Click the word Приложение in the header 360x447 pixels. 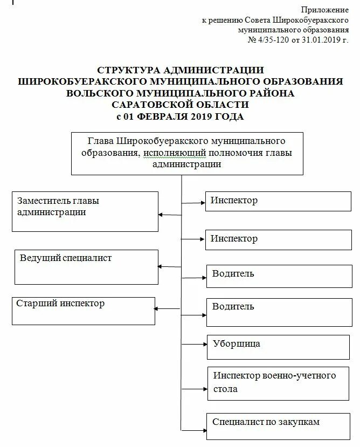tap(324, 10)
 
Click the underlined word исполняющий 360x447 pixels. tap(170, 153)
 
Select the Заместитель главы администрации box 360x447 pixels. tap(85, 211)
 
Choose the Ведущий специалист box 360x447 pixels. tap(86, 266)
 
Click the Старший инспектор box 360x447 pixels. tap(84, 311)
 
